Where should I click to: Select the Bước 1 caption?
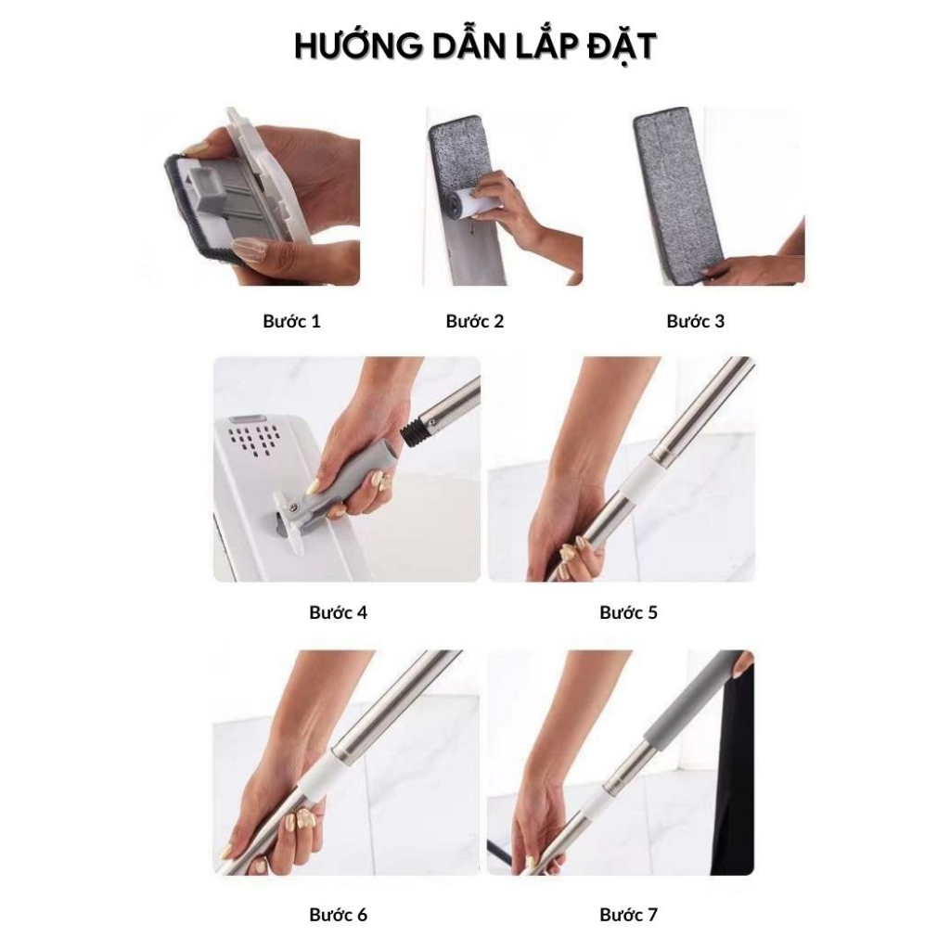[291, 322]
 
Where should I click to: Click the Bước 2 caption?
[475, 322]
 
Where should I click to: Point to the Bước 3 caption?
[695, 322]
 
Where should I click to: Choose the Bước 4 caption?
[338, 612]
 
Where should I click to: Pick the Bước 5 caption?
[628, 612]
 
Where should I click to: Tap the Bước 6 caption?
[338, 915]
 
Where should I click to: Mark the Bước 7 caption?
[628, 915]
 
